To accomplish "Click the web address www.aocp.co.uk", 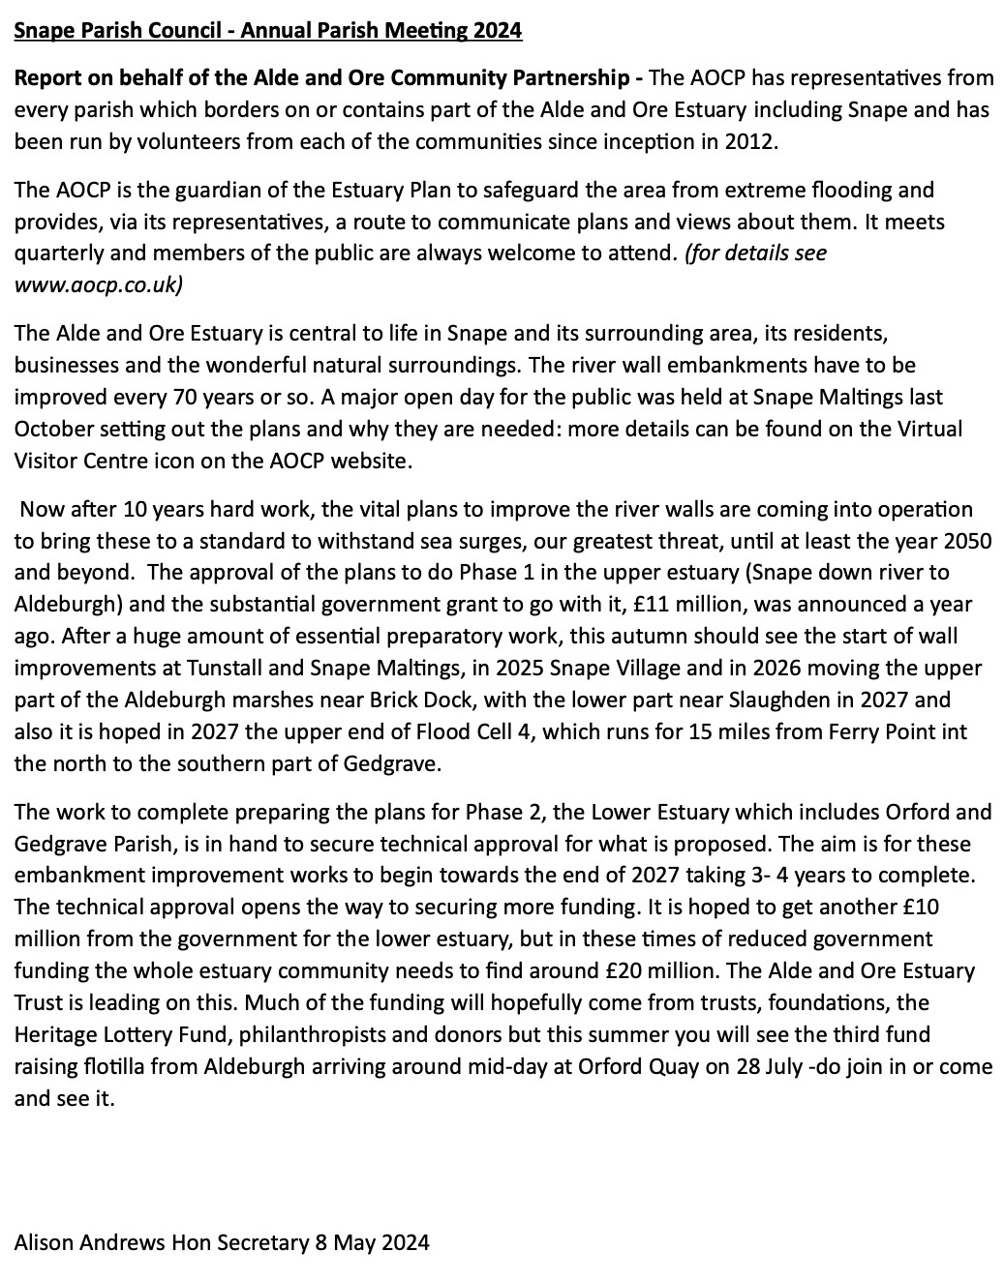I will [98, 285].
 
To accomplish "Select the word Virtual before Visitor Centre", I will [929, 429].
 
